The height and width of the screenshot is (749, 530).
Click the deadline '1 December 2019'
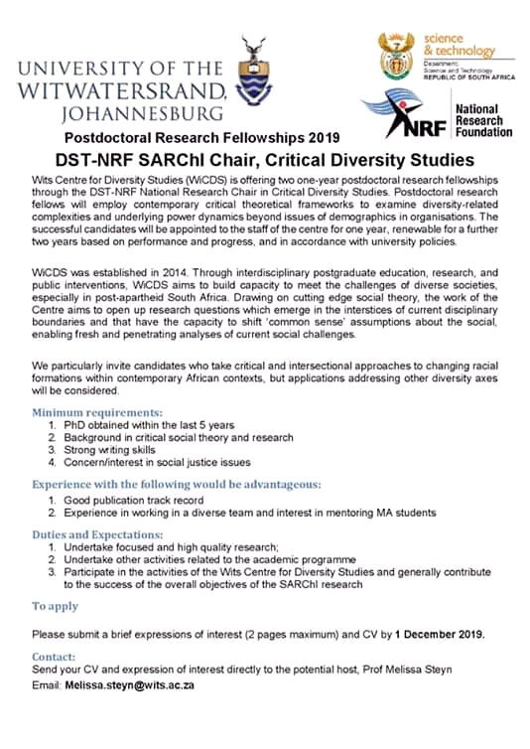(x=440, y=635)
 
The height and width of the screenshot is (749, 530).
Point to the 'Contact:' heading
(x=54, y=657)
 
